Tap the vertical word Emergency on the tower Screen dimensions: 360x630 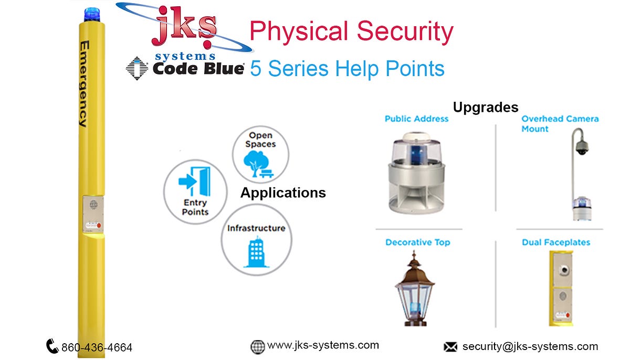[x=82, y=84]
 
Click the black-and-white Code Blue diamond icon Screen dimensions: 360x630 [x=137, y=68]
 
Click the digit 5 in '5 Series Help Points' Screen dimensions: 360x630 [x=256, y=69]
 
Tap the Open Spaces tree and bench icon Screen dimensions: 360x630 [x=260, y=163]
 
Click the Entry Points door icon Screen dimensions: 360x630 [x=195, y=181]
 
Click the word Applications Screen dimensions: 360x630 [x=283, y=193]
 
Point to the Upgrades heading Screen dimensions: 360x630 [x=486, y=107]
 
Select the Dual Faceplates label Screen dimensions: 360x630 [x=556, y=242]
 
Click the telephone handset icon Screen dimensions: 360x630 [x=52, y=346]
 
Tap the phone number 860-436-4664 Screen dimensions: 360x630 [x=97, y=347]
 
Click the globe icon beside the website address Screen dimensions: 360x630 [x=257, y=346]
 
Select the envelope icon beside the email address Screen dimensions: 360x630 [x=450, y=346]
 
